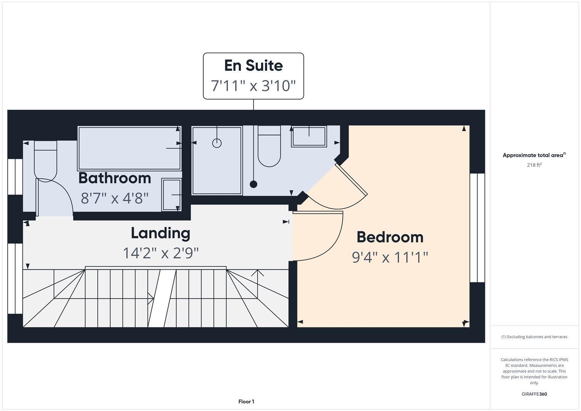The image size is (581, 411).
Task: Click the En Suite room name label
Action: pos(253,65)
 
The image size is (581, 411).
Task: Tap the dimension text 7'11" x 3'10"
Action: pos(253,86)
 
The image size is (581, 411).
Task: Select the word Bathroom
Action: pos(115,178)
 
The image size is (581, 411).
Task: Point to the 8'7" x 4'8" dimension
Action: pos(115,198)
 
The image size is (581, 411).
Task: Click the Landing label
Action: pos(161,233)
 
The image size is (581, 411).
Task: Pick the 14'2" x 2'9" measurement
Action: pos(161,253)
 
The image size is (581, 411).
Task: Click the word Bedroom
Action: pos(390,237)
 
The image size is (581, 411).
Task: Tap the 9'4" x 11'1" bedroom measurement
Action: pos(390,257)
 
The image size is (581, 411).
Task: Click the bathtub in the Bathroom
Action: pos(129,148)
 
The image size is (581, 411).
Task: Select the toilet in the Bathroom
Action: pos(45,161)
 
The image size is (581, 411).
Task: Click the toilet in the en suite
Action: pos(269,146)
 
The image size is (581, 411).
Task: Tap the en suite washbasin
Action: pos(309,137)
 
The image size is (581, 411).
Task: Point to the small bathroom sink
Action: pos(171,194)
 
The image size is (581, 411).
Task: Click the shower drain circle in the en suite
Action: pos(217,143)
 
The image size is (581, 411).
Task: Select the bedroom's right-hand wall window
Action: pos(477,228)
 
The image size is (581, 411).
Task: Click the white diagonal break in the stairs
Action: pos(162,298)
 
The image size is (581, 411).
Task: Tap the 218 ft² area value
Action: pos(534,165)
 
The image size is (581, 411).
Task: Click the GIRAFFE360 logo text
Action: pos(534,394)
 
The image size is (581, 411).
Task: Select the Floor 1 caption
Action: pos(246,401)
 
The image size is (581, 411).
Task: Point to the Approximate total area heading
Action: pos(534,155)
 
